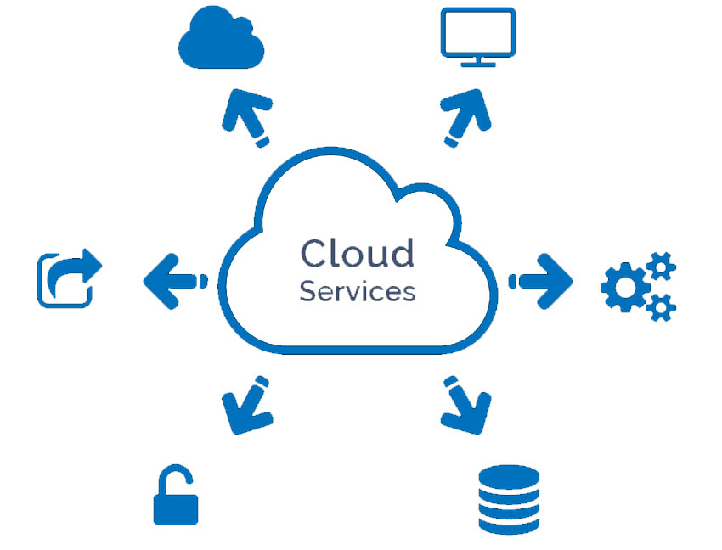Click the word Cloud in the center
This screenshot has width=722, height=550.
[357, 252]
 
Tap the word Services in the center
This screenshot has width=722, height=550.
[357, 290]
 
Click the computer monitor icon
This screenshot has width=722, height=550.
[478, 34]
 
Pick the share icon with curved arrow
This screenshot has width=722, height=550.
[68, 278]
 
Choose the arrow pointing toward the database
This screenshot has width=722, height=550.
[466, 406]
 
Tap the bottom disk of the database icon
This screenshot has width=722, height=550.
[508, 522]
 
